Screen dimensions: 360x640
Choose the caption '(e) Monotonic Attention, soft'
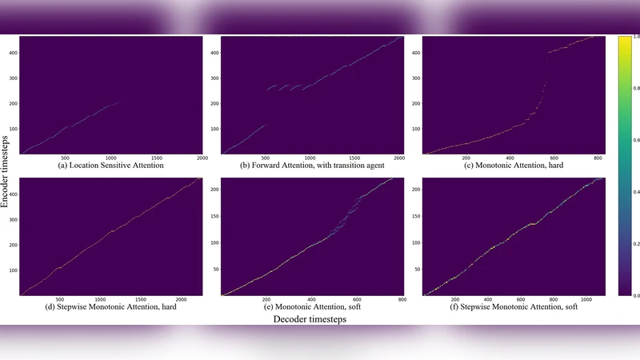pyautogui.click(x=312, y=305)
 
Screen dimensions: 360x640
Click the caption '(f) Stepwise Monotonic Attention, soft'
pyautogui.click(x=512, y=305)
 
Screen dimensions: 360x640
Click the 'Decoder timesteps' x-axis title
pyautogui.click(x=311, y=319)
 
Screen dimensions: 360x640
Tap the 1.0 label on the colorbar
pyautogui.click(x=634, y=37)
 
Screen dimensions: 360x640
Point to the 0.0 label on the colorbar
pyautogui.click(x=634, y=295)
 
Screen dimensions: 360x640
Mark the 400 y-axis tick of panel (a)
pyautogui.click(x=14, y=52)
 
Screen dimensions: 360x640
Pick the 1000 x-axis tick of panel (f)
pyautogui.click(x=582, y=299)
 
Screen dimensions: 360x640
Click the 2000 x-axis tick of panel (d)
pyautogui.click(x=180, y=299)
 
